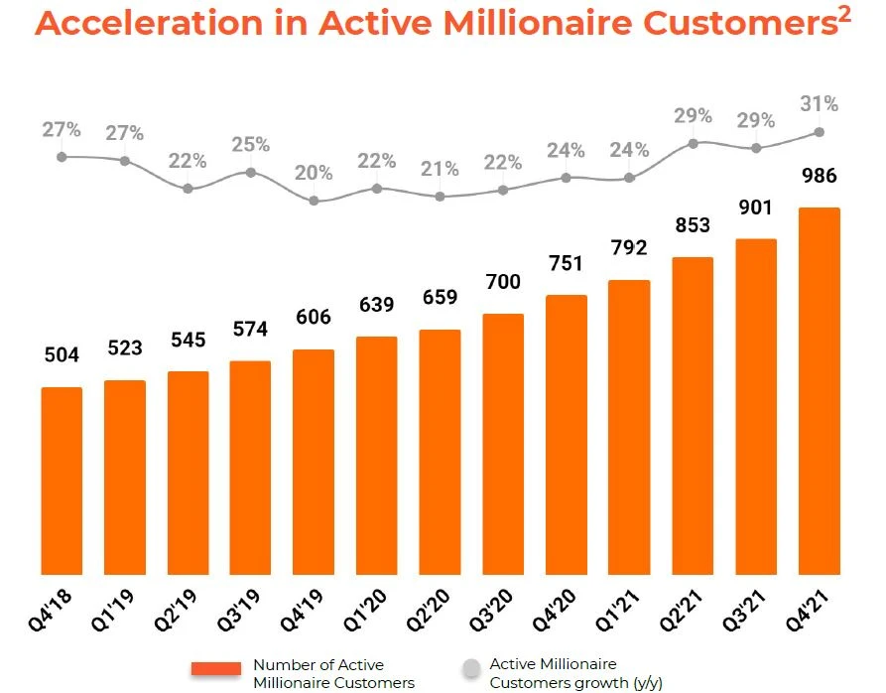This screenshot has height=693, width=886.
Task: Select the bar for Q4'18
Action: pyautogui.click(x=62, y=481)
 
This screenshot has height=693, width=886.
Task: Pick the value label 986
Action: pyautogui.click(x=819, y=178)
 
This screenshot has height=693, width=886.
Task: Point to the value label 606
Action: pyautogui.click(x=314, y=320)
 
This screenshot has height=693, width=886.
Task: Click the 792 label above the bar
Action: pyautogui.click(x=629, y=249)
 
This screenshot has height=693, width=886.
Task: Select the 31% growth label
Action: pyautogui.click(x=819, y=104)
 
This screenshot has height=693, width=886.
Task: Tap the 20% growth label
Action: pyautogui.click(x=314, y=174)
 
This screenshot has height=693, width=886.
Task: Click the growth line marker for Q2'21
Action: pyautogui.click(x=694, y=143)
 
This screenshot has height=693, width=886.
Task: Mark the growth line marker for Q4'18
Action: pyautogui.click(x=62, y=156)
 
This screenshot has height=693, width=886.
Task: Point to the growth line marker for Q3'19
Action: pyautogui.click(x=250, y=172)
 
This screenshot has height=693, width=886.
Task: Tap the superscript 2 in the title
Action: pyautogui.click(x=844, y=14)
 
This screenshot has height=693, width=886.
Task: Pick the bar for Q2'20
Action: pyautogui.click(x=440, y=452)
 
